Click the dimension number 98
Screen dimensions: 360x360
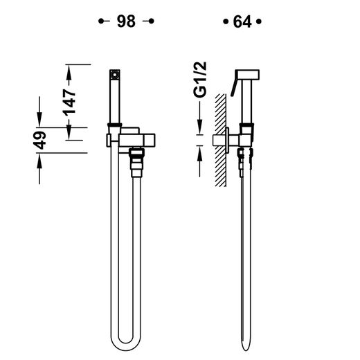point(126,21)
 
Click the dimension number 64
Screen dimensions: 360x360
point(242,21)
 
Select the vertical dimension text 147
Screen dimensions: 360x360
point(69,102)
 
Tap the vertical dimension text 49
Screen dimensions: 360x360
point(39,141)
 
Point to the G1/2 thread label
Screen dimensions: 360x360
point(200,79)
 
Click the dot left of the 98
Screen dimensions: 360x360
point(101,21)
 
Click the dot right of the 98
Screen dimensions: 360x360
point(152,21)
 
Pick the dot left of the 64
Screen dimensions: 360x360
point(226,21)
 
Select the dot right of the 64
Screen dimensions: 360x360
point(259,21)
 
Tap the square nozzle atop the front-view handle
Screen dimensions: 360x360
point(115,75)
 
